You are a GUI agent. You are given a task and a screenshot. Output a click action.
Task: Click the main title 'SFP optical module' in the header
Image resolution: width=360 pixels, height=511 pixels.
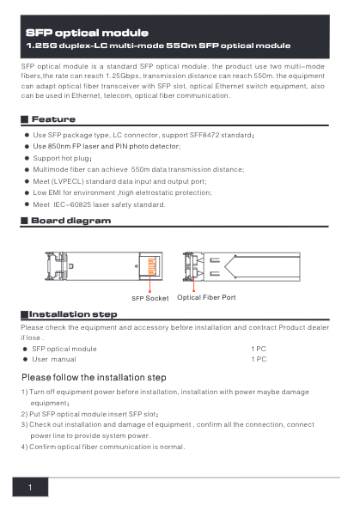pyautogui.click(x=88, y=32)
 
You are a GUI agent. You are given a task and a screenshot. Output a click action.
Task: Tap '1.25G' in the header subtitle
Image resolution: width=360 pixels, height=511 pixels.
pyautogui.click(x=40, y=46)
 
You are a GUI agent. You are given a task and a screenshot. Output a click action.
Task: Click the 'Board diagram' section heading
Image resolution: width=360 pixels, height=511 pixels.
pyautogui.click(x=71, y=221)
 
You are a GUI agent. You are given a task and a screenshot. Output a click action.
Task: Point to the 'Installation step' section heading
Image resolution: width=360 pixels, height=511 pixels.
pyautogui.click(x=73, y=314)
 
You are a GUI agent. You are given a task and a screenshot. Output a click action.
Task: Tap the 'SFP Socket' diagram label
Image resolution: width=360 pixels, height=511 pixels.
pyautogui.click(x=149, y=298)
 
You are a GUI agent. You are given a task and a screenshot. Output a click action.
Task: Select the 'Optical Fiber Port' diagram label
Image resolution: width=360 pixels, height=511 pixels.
pyautogui.click(x=206, y=297)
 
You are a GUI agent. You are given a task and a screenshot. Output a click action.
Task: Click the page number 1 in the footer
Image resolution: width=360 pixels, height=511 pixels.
pyautogui.click(x=30, y=488)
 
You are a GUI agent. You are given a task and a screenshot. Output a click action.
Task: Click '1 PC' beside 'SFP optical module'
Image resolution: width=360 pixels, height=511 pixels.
pyautogui.click(x=258, y=349)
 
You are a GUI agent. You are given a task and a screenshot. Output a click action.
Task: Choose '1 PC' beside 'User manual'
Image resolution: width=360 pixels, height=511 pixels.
pyautogui.click(x=258, y=359)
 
